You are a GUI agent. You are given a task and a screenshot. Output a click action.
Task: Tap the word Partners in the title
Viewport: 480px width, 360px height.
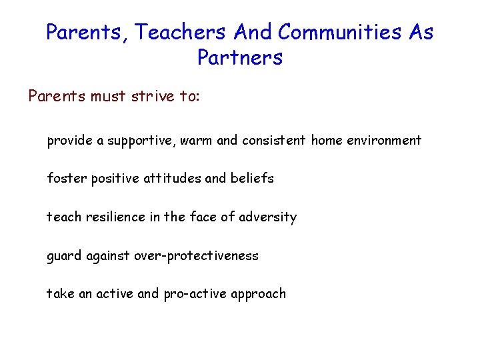click(x=240, y=58)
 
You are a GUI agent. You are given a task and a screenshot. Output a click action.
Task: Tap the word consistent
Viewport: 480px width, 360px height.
click(x=274, y=141)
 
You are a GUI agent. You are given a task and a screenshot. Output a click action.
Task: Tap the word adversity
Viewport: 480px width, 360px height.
click(x=269, y=217)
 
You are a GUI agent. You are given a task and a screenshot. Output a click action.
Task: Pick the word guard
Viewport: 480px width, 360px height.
click(x=64, y=256)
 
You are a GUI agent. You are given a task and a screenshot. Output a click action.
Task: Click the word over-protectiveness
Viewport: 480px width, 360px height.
click(x=197, y=256)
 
